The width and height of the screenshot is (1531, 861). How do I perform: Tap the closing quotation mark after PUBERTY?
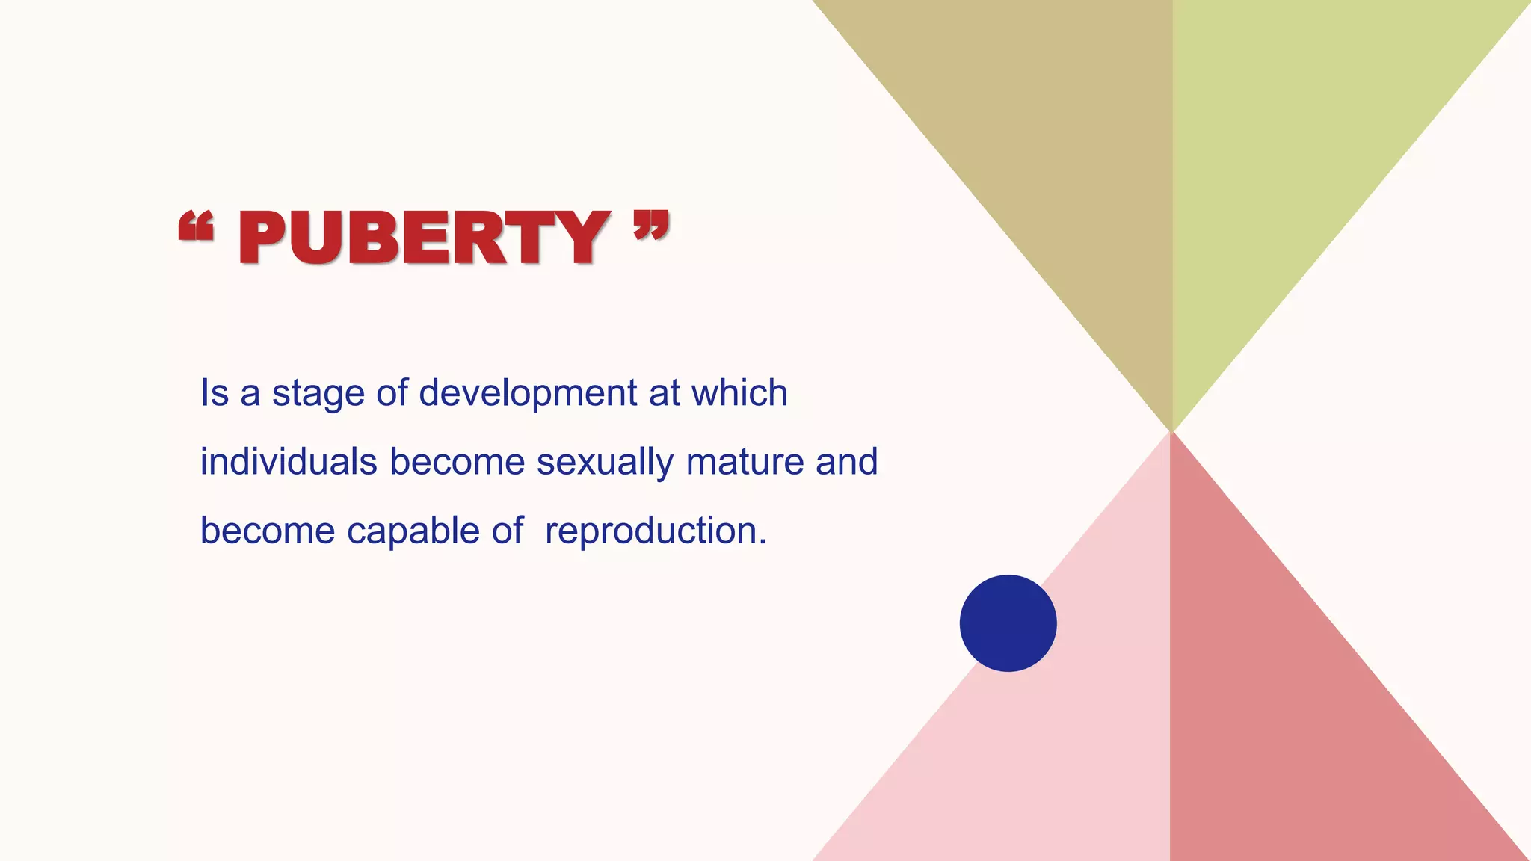tap(650, 225)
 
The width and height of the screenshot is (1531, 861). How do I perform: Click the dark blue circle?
tap(1008, 623)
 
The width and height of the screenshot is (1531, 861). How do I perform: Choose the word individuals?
tap(289, 462)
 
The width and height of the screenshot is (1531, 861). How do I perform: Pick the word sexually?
tap(605, 463)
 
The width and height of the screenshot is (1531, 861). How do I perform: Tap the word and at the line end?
tap(846, 462)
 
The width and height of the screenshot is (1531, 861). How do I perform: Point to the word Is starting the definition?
tap(214, 393)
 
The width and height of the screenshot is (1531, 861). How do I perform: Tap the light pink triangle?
tap(1062, 747)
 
